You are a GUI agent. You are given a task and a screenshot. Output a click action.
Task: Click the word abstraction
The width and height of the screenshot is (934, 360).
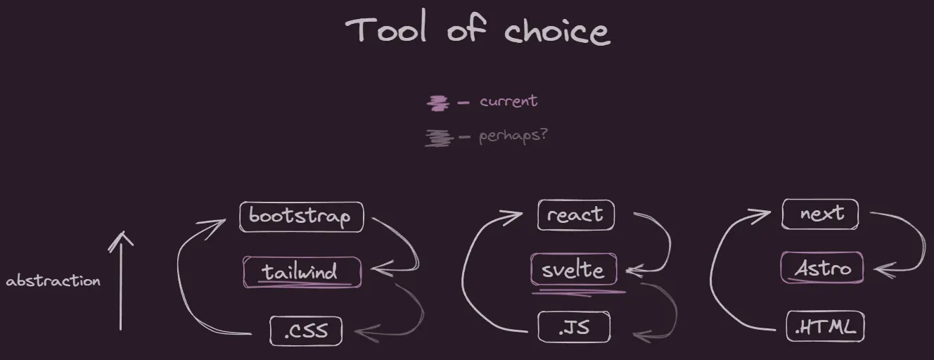tap(53, 281)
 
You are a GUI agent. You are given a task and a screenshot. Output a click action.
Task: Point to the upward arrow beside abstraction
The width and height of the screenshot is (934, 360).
tap(121, 281)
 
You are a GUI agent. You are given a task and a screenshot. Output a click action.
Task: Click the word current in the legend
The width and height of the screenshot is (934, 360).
tap(508, 101)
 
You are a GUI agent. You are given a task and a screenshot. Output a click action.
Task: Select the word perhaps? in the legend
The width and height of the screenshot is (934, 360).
tap(513, 136)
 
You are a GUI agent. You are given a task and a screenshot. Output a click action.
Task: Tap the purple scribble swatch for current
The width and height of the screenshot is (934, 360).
tap(437, 103)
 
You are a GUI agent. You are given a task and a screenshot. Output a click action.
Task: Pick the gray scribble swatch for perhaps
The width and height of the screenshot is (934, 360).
tap(439, 138)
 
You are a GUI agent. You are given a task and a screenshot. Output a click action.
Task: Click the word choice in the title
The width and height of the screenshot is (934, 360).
tap(558, 31)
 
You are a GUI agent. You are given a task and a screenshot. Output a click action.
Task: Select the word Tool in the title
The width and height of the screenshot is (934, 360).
tap(386, 28)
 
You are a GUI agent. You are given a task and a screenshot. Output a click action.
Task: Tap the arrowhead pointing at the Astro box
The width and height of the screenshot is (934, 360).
tap(884, 270)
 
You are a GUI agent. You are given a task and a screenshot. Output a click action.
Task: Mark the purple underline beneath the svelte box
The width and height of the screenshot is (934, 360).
tap(579, 292)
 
